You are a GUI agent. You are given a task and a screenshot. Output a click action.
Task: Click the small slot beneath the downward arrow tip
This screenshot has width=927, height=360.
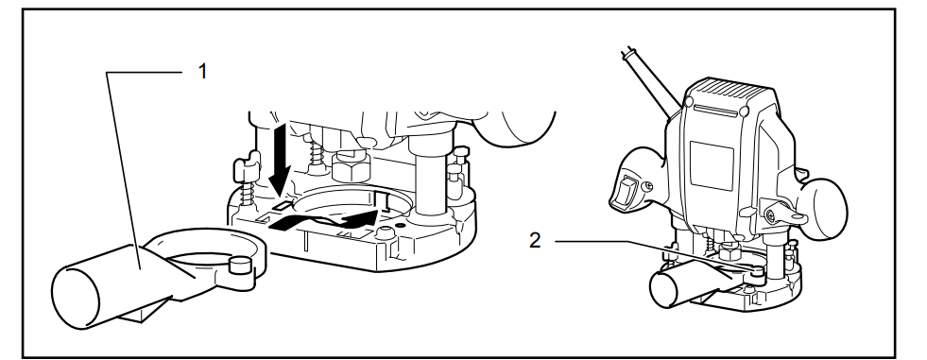pyautogui.click(x=282, y=202)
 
